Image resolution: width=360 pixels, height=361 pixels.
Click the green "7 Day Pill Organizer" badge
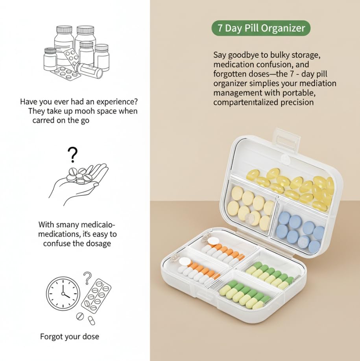(261, 28)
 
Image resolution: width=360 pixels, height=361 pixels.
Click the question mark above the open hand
(72, 155)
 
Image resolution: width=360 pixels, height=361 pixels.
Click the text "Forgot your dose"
(70, 337)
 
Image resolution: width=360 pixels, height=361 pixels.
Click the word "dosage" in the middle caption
(99, 243)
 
